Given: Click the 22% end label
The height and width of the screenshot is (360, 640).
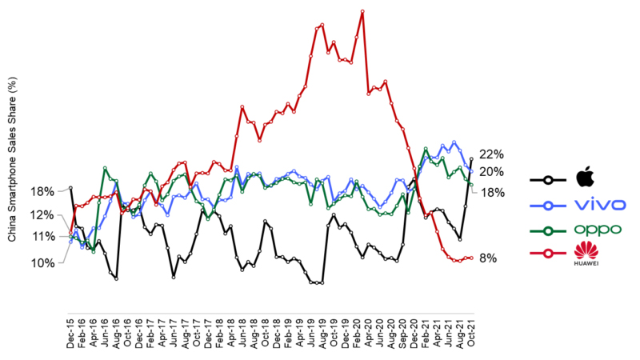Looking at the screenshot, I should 490,154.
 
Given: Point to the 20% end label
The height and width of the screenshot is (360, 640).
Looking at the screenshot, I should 490,172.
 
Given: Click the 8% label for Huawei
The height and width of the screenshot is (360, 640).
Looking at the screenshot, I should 489,258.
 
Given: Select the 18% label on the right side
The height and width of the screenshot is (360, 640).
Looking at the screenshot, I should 490,192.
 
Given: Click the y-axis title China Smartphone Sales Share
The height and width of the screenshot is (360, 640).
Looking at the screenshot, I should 11,160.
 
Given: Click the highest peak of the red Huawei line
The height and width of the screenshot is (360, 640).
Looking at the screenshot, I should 362,11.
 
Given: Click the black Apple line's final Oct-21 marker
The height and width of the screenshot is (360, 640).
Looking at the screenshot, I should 471,158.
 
